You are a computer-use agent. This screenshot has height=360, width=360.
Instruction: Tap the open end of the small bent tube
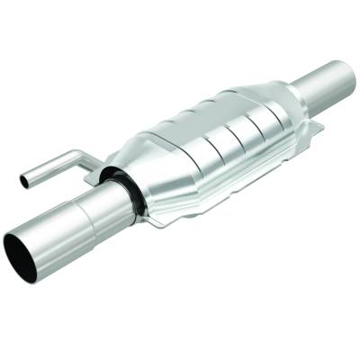pos(24,181)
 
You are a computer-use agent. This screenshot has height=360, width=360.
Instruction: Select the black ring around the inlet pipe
pos(126,188)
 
